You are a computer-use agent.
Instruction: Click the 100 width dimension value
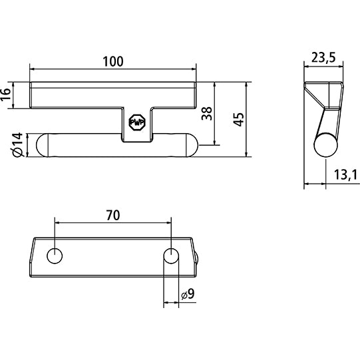(113, 61)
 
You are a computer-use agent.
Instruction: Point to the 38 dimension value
(207, 114)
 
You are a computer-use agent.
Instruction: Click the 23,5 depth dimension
(323, 57)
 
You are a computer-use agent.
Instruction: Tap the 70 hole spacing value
(112, 215)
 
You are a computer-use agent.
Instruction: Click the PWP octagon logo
(136, 124)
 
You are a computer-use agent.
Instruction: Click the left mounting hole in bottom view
(55, 256)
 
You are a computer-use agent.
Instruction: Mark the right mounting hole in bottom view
(171, 256)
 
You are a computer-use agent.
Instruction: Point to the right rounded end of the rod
(190, 145)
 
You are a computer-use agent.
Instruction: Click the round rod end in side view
(325, 145)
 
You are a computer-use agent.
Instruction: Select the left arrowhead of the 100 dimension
(33, 69)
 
